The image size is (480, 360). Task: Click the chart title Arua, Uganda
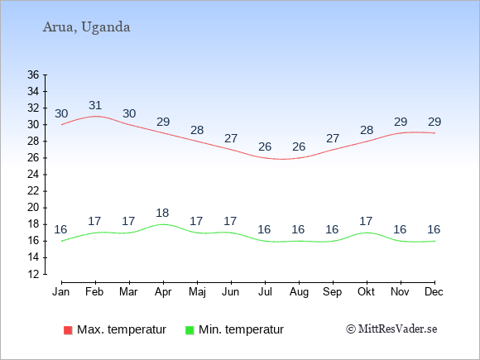(86, 27)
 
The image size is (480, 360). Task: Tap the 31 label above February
(95, 105)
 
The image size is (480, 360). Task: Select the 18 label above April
(162, 213)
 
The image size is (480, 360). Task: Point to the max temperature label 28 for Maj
(197, 130)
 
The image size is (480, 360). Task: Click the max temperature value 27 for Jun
(231, 138)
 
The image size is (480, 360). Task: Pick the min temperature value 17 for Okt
(366, 221)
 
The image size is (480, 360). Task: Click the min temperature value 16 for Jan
(60, 229)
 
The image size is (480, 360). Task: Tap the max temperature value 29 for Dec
(434, 122)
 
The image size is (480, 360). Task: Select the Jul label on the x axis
(265, 292)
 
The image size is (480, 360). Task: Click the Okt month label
(366, 292)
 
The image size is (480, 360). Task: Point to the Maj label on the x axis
(197, 292)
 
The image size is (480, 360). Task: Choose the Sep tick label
(333, 292)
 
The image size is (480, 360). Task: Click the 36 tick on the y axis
(33, 74)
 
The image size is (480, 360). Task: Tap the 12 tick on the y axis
(33, 274)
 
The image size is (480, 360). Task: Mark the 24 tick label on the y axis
(33, 175)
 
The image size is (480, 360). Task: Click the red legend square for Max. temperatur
(68, 330)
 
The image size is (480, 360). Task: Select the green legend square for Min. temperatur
(190, 330)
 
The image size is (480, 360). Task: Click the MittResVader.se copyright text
(391, 329)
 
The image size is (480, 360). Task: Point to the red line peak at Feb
(95, 117)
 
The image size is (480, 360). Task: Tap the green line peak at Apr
(163, 224)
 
